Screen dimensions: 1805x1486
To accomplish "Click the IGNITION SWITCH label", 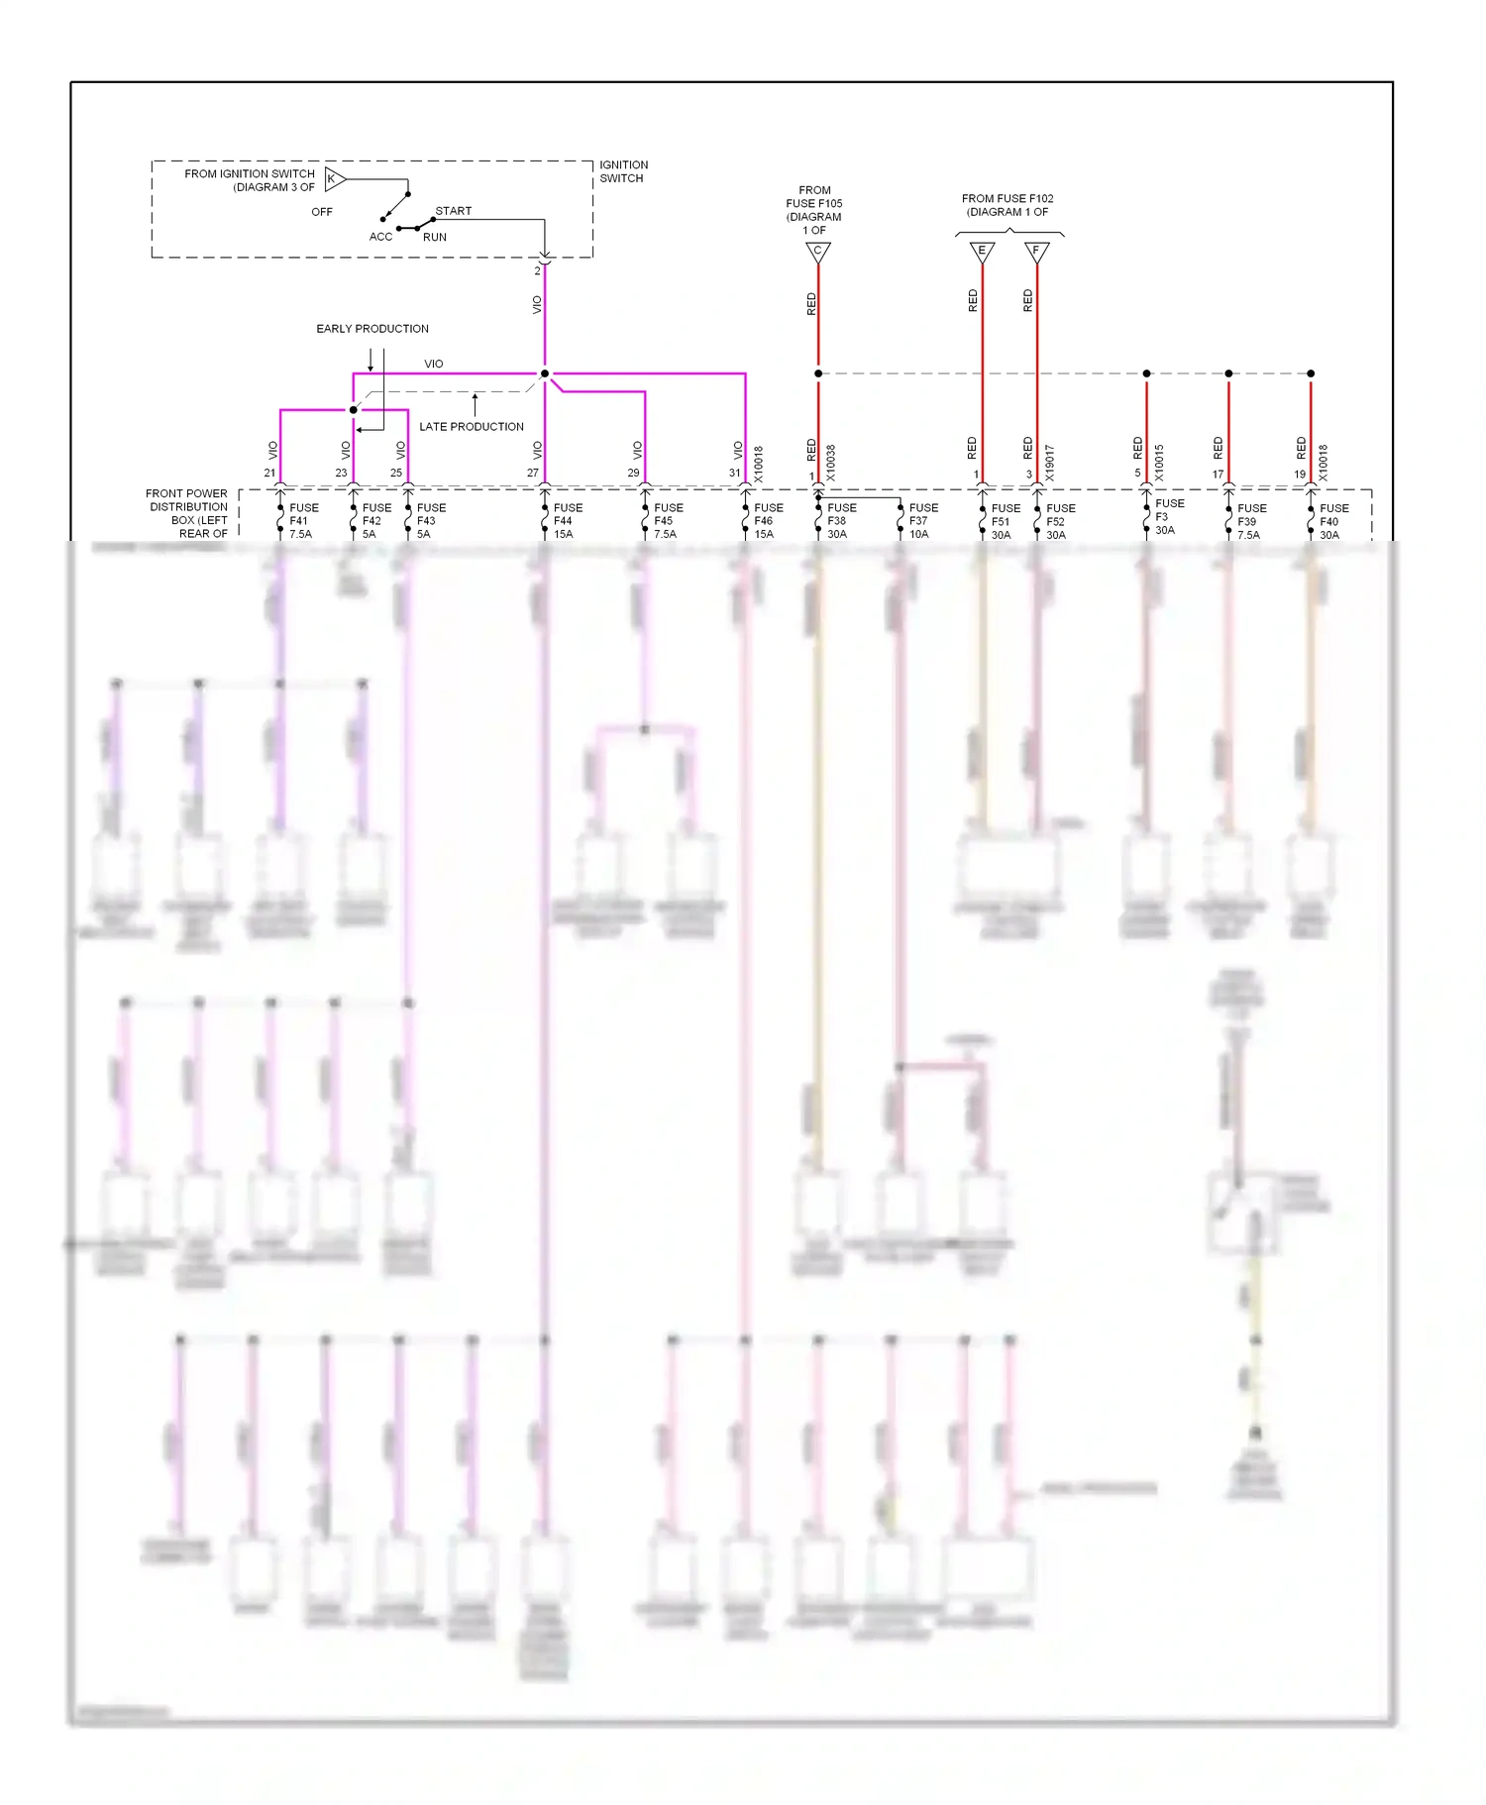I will tap(623, 171).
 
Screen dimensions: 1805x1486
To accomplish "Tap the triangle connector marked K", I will tap(334, 179).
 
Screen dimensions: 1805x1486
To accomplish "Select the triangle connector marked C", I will tap(817, 253).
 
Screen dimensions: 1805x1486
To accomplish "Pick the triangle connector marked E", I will tap(982, 253).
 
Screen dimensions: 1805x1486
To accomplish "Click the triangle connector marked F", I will tap(1036, 253).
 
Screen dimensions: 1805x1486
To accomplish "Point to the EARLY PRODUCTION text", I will tap(372, 329).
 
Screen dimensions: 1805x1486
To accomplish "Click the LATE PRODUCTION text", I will tap(472, 427).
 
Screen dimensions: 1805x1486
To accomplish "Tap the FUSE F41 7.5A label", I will tap(302, 521).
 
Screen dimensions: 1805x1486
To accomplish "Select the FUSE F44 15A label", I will tap(567, 521).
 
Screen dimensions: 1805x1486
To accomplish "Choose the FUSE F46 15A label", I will tap(767, 521).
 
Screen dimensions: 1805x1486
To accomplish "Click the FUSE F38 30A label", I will tap(840, 521).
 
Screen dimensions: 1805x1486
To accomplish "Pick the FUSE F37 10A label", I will tap(922, 521).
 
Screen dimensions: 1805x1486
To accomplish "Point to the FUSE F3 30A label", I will tap(1168, 516).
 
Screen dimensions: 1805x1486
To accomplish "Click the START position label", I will tap(454, 211).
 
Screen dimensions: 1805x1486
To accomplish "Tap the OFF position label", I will tap(322, 212).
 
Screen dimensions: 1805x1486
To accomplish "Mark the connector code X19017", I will tap(1050, 463).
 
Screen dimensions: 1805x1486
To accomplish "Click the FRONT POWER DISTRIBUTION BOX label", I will tap(187, 513).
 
